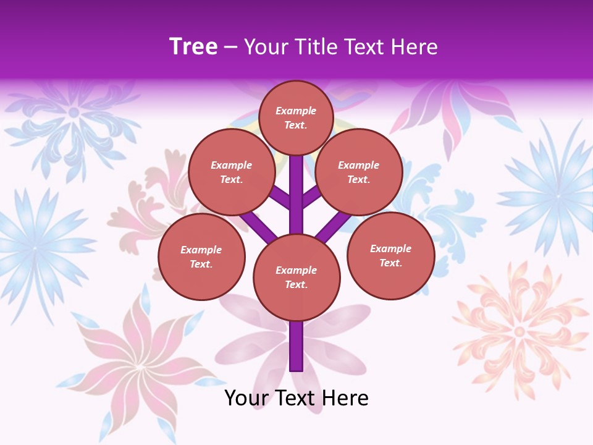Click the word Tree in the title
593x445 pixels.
point(193,47)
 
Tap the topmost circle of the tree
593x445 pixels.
point(296,117)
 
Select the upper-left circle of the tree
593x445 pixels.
point(231,172)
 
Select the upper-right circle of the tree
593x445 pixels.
point(358,172)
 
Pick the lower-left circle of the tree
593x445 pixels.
point(201,257)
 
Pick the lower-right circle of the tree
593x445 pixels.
point(390,256)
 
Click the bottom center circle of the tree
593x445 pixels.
point(296,278)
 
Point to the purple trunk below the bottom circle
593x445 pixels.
point(296,346)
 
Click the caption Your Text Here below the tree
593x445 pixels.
point(296,397)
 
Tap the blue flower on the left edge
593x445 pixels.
point(34,247)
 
